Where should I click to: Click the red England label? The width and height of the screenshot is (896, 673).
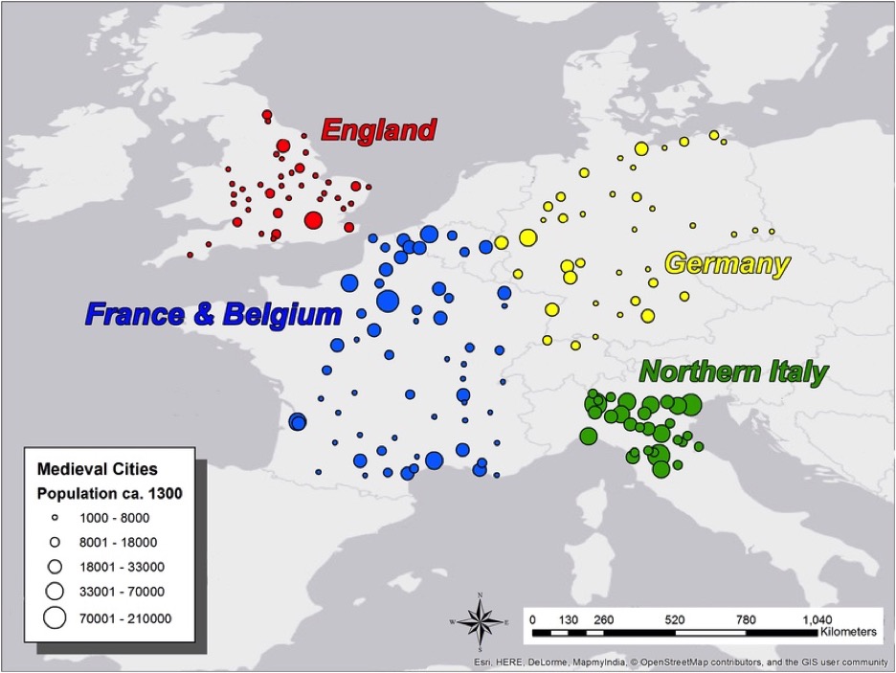pos(378,129)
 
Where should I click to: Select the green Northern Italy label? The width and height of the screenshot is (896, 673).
pos(732,371)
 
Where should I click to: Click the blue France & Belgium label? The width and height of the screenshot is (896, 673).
pos(213,314)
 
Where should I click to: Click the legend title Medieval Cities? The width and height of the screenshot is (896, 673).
pos(97,470)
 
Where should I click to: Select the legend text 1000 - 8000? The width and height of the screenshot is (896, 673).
pos(115,518)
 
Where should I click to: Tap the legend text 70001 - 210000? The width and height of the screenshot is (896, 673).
pos(126,618)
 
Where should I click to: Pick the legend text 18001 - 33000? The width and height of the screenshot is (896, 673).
pos(121,566)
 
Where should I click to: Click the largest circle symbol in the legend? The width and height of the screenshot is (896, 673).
pos(55,617)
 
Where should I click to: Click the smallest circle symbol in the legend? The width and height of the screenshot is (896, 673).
pos(55,518)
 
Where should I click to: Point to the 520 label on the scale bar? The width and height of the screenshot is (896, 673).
pos(675,619)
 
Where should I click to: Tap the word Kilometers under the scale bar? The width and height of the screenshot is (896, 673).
pos(847,633)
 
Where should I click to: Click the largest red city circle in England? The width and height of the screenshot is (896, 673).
pos(313,221)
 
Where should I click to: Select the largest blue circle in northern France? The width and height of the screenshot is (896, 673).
pos(387,302)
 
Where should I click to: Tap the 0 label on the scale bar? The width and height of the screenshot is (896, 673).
pos(532,619)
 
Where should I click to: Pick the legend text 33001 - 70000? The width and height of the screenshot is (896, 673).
pos(121,591)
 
